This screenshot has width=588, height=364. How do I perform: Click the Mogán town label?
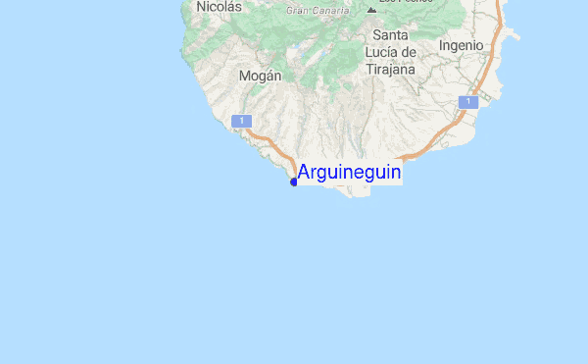click(260, 76)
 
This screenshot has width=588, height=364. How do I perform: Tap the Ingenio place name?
click(462, 45)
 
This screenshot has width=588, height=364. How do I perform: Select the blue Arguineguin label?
click(349, 173)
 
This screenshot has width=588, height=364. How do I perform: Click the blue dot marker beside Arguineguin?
click(293, 182)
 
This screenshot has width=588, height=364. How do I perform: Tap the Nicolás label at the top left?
click(219, 7)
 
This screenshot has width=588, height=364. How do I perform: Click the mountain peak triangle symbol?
click(370, 10)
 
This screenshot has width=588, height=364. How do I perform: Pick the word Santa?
click(390, 35)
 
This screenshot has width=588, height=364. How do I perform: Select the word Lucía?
click(382, 53)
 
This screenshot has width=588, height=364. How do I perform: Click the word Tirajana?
click(390, 70)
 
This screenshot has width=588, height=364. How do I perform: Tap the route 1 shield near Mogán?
click(240, 120)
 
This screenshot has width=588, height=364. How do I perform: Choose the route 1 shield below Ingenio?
click(469, 102)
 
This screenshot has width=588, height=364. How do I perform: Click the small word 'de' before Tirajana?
click(411, 53)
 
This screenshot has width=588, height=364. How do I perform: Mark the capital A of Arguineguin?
click(304, 173)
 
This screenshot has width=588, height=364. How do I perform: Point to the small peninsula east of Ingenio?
click(511, 37)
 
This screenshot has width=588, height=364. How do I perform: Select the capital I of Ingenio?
click(442, 45)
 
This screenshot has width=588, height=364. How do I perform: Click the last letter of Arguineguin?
click(395, 173)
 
